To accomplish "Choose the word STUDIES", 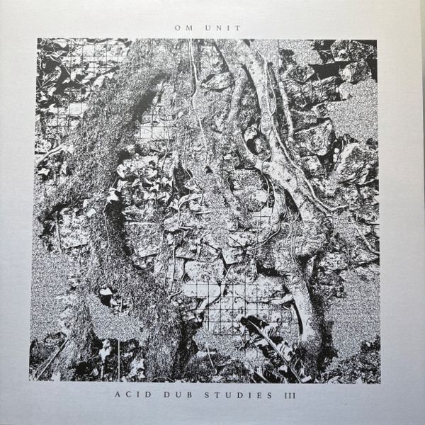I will click(x=238, y=394).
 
